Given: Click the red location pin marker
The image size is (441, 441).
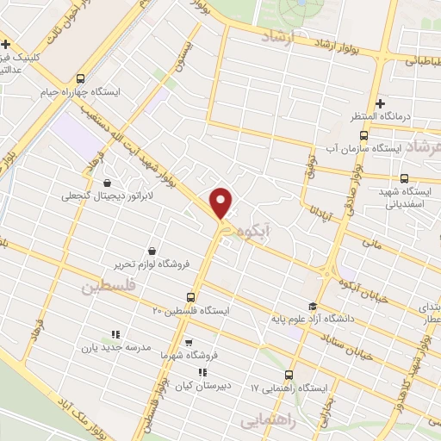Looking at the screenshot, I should [x=222, y=202].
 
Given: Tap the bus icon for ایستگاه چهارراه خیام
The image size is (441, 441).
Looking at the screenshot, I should [x=81, y=77].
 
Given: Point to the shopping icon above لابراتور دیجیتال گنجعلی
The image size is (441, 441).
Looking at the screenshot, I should [x=107, y=183].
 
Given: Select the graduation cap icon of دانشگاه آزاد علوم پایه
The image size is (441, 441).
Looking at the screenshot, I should [x=313, y=307].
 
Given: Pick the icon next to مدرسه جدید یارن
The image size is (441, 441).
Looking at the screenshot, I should [x=115, y=335].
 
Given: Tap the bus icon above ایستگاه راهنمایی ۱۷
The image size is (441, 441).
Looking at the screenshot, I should [x=289, y=375].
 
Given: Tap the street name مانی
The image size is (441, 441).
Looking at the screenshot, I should [x=371, y=245].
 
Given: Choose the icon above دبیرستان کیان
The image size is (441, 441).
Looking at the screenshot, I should [x=202, y=372].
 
